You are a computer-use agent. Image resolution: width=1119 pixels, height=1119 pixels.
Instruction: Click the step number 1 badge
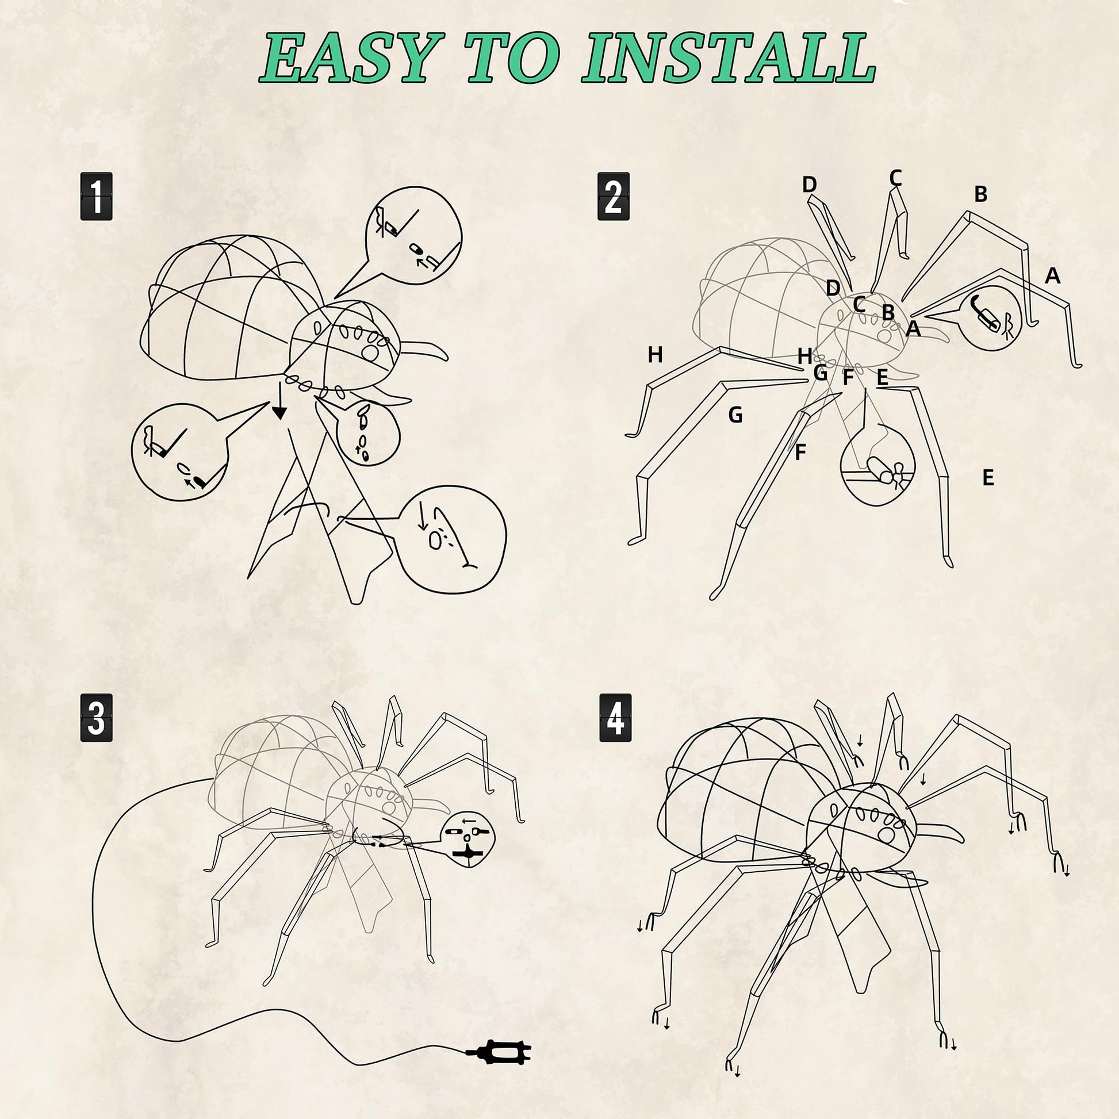click(x=96, y=196)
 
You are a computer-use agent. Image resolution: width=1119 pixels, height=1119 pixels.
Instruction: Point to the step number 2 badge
click(x=614, y=196)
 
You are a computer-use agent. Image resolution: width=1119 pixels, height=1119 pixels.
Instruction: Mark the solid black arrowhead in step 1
click(x=279, y=412)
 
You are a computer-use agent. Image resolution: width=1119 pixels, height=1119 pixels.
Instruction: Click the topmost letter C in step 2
click(x=895, y=178)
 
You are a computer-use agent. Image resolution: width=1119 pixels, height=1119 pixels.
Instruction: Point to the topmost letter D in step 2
click(x=809, y=185)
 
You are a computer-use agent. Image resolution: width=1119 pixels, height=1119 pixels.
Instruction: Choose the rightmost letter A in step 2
click(x=1052, y=276)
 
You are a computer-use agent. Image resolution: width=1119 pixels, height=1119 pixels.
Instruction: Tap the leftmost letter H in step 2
click(x=655, y=354)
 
